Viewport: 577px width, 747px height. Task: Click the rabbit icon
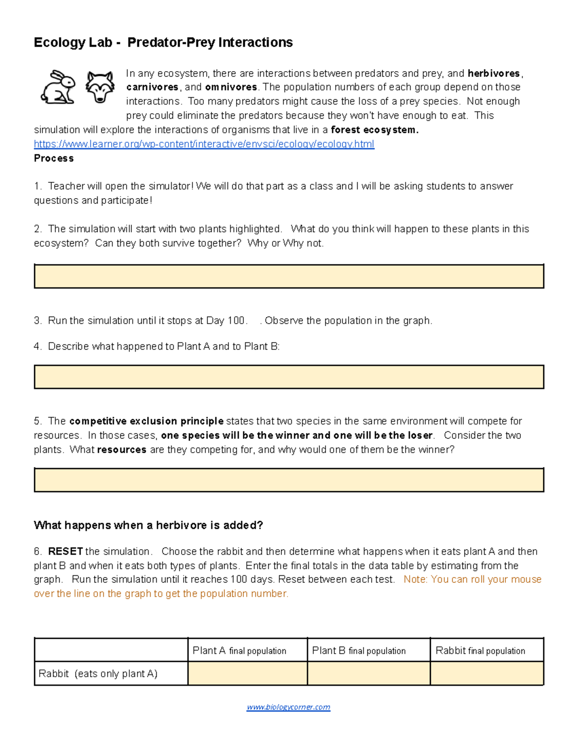click(x=58, y=87)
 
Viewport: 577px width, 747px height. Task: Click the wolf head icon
click(x=100, y=87)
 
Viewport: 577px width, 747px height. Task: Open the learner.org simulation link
click(x=204, y=144)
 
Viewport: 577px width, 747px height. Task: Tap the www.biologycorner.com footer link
click(x=288, y=707)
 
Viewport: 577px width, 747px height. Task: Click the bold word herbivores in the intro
click(x=493, y=73)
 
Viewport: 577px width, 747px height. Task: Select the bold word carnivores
click(x=152, y=87)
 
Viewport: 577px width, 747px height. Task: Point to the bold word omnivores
click(x=231, y=87)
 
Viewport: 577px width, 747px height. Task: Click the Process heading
click(x=54, y=158)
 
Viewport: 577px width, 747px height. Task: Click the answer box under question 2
click(x=288, y=276)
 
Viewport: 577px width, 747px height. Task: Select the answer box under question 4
click(x=288, y=377)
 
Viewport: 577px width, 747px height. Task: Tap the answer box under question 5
click(x=288, y=480)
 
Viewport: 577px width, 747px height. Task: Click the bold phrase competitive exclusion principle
click(x=146, y=421)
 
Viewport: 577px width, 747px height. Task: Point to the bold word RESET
click(x=65, y=551)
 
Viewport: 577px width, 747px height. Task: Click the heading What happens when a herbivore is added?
click(x=148, y=525)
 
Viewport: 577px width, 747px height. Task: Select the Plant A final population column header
click(x=239, y=651)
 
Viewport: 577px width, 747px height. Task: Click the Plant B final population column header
click(x=359, y=651)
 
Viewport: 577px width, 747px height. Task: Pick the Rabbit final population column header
click(x=480, y=651)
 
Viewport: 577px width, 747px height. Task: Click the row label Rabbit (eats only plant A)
click(x=98, y=673)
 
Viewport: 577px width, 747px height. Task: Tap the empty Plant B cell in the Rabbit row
click(x=368, y=673)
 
